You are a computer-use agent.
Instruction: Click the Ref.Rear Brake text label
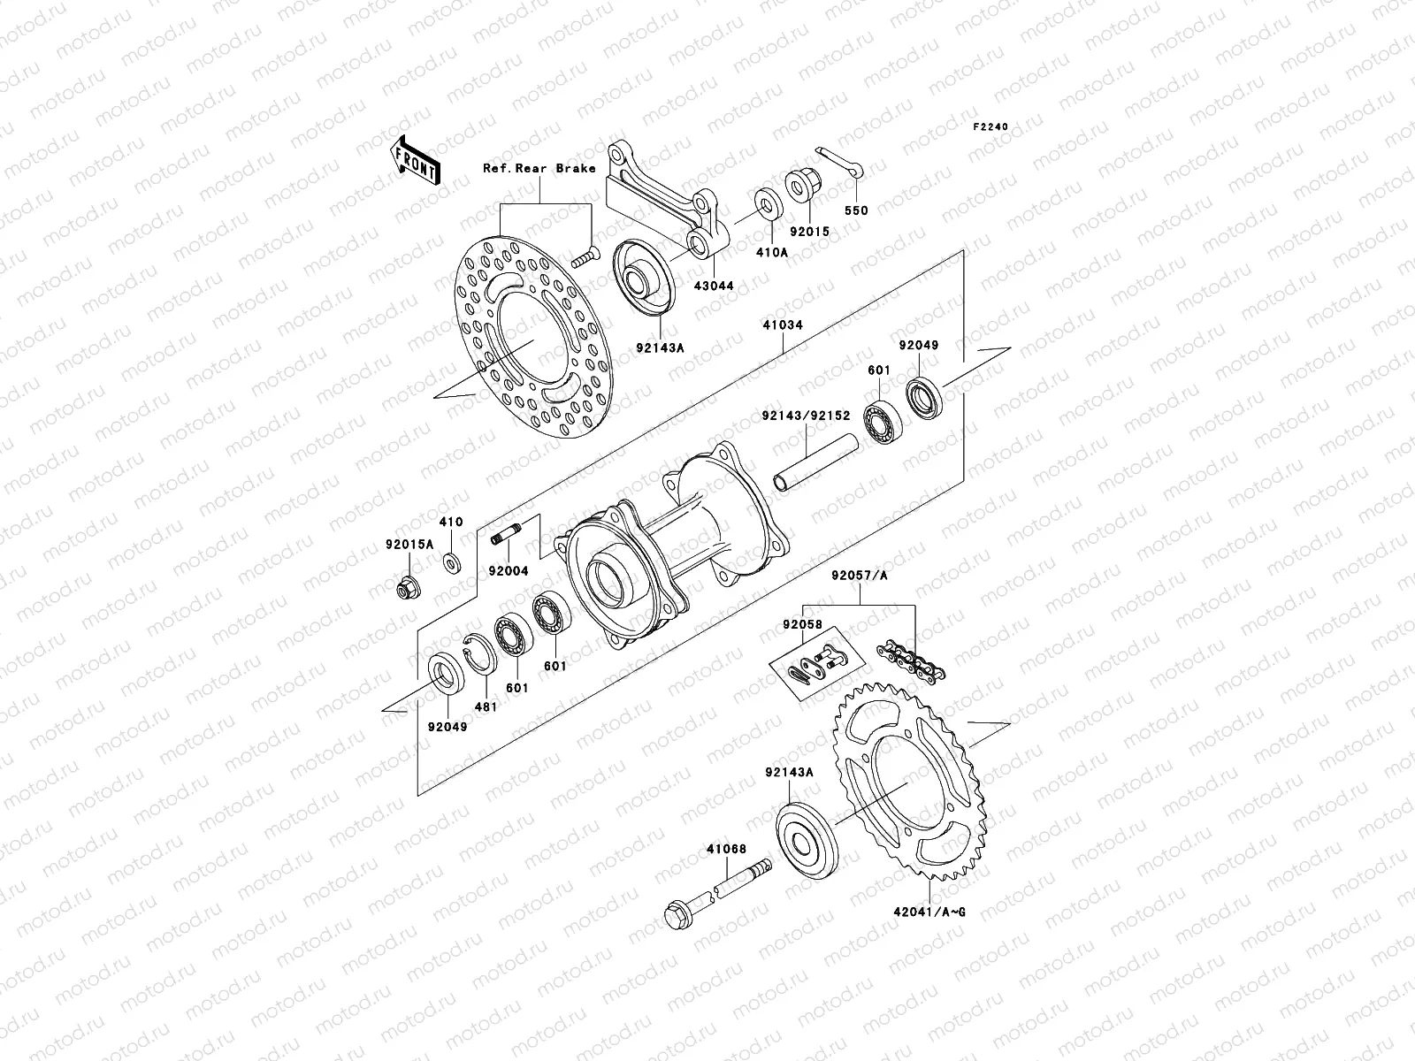pos(551,168)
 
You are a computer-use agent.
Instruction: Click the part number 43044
pos(713,286)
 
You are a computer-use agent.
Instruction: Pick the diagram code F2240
pos(990,127)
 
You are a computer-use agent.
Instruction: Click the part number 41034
pos(782,325)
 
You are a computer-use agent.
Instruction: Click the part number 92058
pos(801,624)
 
